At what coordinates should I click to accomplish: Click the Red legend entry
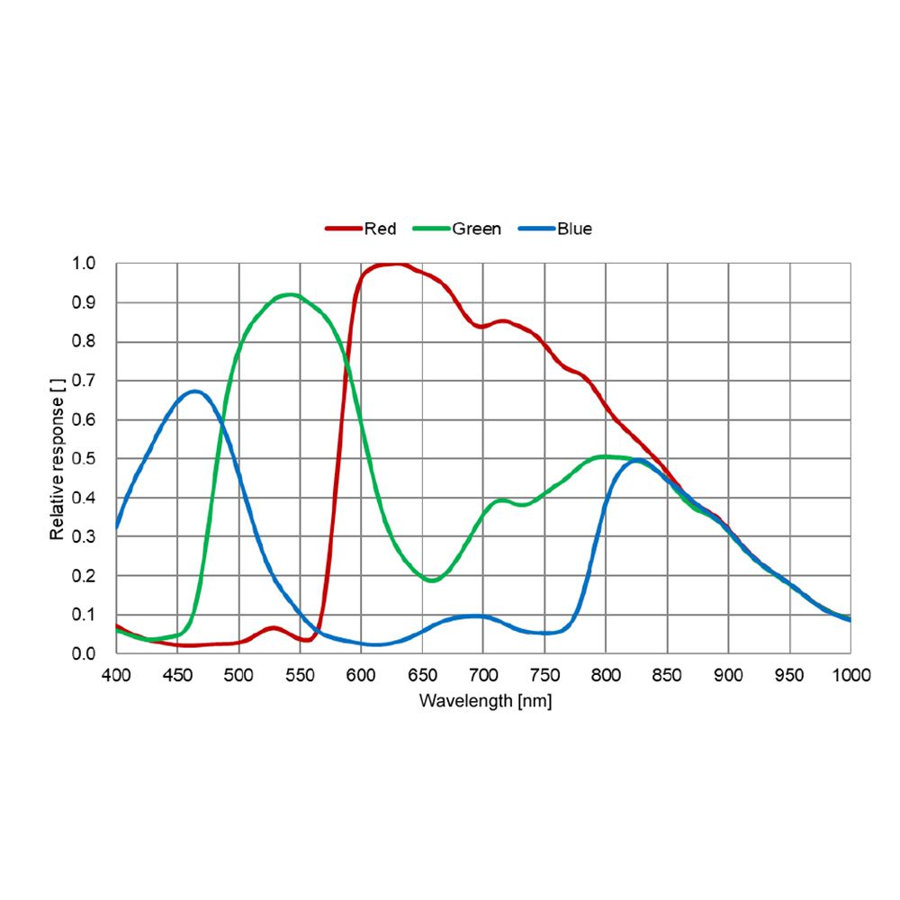(x=362, y=229)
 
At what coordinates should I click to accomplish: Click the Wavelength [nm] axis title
(x=485, y=699)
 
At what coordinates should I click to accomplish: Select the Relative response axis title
(x=58, y=459)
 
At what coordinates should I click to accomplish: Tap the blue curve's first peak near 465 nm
(x=194, y=391)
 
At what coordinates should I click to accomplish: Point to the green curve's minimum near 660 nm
(x=433, y=580)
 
